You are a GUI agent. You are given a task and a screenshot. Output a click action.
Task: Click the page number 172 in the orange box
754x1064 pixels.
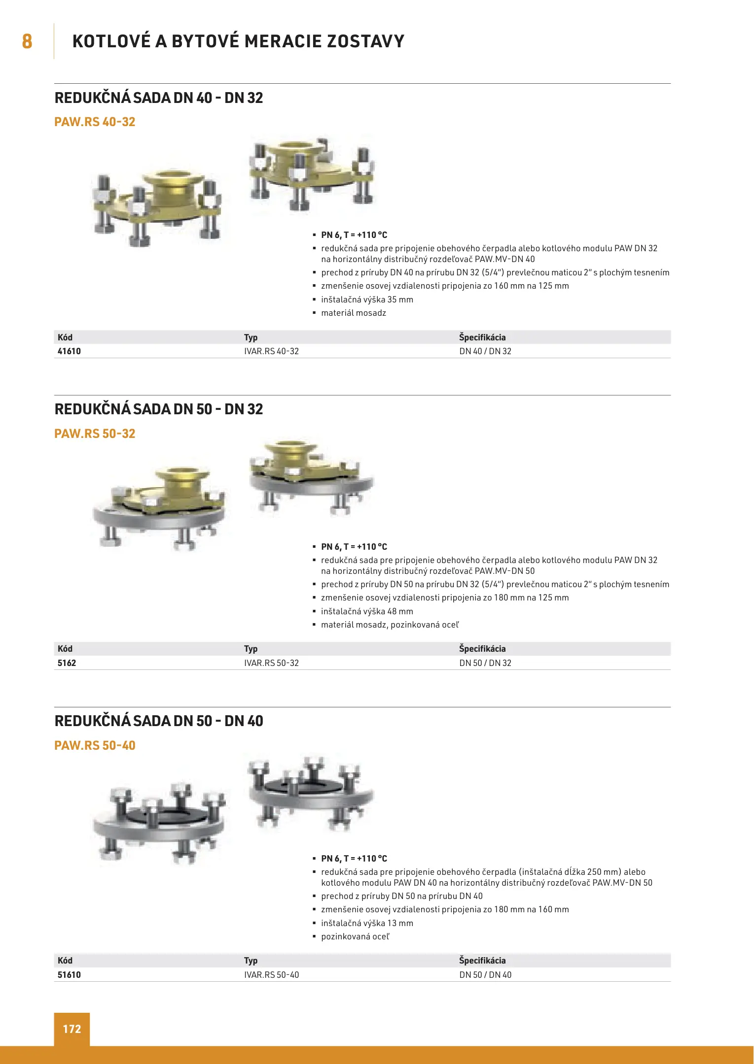[72, 1029]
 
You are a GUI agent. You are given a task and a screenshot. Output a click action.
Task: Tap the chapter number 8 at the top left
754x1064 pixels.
[27, 41]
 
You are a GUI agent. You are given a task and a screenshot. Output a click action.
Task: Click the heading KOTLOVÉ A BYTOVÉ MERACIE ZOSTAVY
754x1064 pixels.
[238, 41]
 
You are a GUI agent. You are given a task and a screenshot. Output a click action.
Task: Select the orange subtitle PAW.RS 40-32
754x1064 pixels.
[95, 122]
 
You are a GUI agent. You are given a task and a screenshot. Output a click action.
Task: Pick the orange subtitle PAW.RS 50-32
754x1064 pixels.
[95, 434]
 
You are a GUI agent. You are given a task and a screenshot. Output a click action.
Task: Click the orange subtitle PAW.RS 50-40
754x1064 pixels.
[95, 746]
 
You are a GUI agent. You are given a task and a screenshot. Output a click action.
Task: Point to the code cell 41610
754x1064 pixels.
[69, 351]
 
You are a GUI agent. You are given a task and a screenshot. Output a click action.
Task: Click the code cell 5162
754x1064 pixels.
[67, 663]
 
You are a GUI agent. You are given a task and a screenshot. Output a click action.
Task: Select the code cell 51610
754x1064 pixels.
[69, 975]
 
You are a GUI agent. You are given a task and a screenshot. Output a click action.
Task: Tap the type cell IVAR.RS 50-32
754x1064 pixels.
[271, 663]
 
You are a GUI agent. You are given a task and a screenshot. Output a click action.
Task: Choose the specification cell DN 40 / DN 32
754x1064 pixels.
[485, 351]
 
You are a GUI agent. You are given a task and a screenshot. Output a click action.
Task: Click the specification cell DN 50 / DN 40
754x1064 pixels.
[485, 975]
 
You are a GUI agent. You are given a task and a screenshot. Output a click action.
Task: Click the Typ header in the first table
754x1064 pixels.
[251, 337]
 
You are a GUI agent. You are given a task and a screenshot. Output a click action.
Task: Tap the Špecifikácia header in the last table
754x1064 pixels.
[482, 961]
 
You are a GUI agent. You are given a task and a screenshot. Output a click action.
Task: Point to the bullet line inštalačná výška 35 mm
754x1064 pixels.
[367, 299]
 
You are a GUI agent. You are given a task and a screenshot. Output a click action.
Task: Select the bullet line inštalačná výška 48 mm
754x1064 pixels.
[367, 611]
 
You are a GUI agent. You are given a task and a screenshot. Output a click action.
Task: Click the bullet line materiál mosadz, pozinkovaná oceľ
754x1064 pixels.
[390, 625]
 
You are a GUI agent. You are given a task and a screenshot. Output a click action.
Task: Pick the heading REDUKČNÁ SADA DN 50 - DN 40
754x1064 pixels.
[159, 721]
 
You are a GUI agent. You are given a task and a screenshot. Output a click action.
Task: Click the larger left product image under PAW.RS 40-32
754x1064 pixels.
[157, 207]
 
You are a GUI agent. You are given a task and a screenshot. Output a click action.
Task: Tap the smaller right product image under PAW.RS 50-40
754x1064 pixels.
[311, 793]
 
